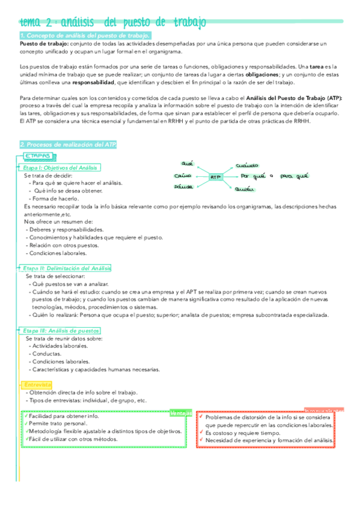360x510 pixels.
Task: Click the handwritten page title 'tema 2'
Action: point(37,23)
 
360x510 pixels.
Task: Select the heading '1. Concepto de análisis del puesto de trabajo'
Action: point(85,36)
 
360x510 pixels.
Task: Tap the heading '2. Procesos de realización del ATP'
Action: point(68,145)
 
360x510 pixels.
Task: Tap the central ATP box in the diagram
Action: point(216,177)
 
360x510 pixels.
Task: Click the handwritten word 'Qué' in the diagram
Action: point(187,163)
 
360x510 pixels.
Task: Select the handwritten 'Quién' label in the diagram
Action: point(243,190)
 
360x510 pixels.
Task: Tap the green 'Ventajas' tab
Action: point(181,414)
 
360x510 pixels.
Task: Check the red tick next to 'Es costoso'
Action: point(201,432)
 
